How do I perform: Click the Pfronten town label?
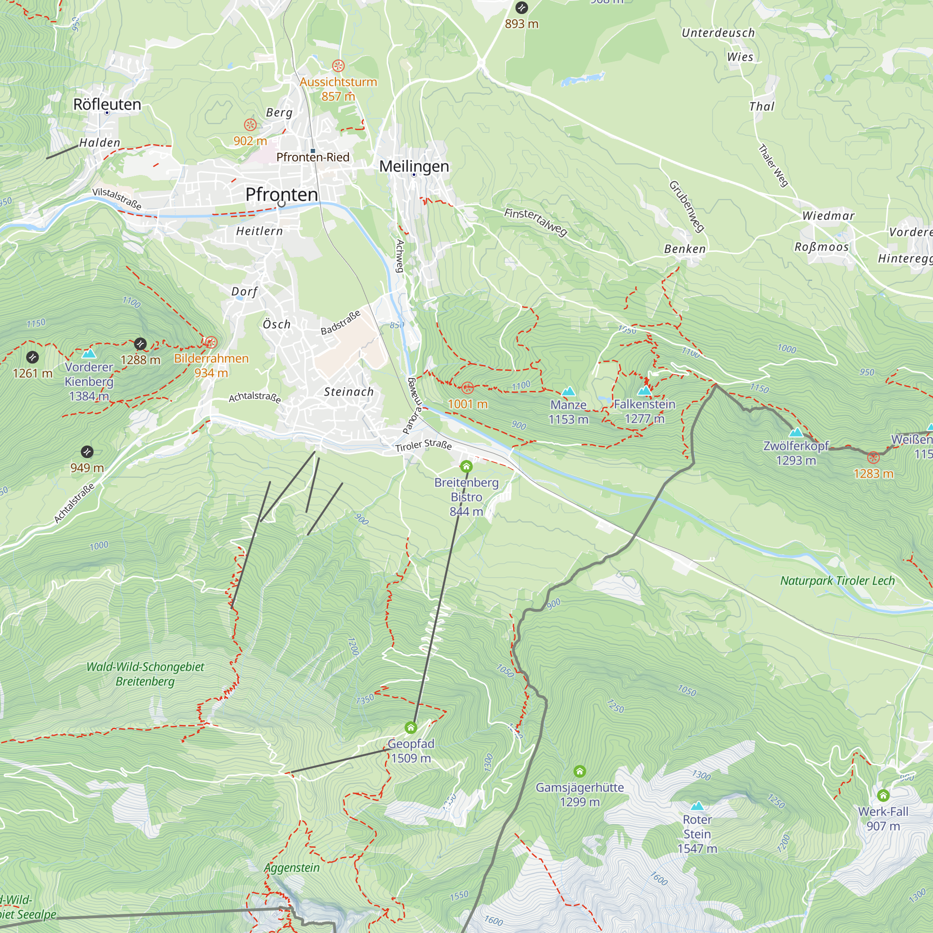(282, 195)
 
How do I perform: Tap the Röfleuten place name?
(107, 104)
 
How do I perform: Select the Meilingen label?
(414, 166)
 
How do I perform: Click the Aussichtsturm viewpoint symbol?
(338, 66)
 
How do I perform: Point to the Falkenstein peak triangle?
(645, 390)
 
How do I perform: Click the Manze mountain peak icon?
(568, 391)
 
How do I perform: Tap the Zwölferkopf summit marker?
(796, 432)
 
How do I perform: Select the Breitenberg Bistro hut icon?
(466, 466)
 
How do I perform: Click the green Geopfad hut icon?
(411, 728)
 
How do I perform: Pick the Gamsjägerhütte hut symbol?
(579, 771)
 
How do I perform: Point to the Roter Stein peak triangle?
(697, 806)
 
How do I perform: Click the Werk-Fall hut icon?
(883, 795)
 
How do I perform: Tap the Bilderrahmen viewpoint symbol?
(210, 342)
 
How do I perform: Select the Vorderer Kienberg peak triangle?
(89, 354)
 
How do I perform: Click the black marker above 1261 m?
(32, 357)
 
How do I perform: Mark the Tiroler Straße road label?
(424, 445)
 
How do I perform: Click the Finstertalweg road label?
(535, 222)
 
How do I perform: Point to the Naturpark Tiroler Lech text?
(837, 581)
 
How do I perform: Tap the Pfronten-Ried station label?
(313, 157)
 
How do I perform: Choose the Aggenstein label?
(292, 868)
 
